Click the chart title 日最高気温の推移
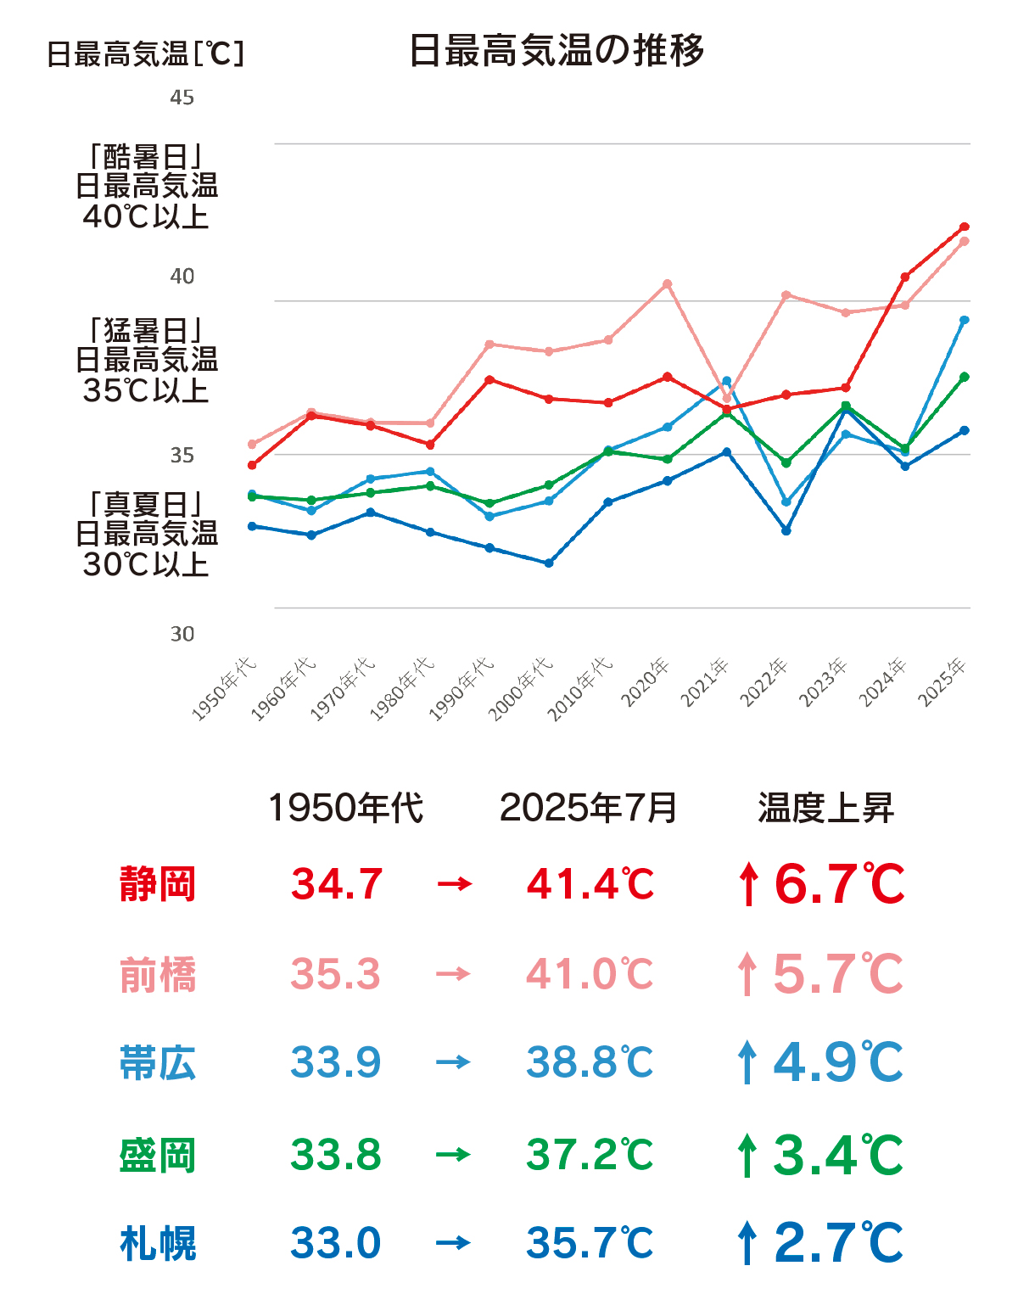[x=557, y=51]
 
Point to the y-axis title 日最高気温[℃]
[x=145, y=54]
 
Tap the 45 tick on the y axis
[x=182, y=98]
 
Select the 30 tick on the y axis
[x=182, y=634]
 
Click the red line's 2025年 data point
[x=965, y=227]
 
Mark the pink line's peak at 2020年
[x=668, y=283]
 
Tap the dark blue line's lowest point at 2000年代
[x=549, y=563]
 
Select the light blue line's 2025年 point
[x=965, y=320]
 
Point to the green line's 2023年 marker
[x=846, y=406]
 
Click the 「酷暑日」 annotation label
[x=146, y=157]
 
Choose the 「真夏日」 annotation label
[x=146, y=505]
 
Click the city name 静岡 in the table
[x=158, y=884]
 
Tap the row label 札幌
[x=158, y=1244]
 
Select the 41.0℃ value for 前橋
[x=590, y=974]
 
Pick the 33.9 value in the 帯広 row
[x=336, y=1062]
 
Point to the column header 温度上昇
[x=825, y=808]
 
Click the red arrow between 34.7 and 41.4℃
[x=454, y=884]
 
